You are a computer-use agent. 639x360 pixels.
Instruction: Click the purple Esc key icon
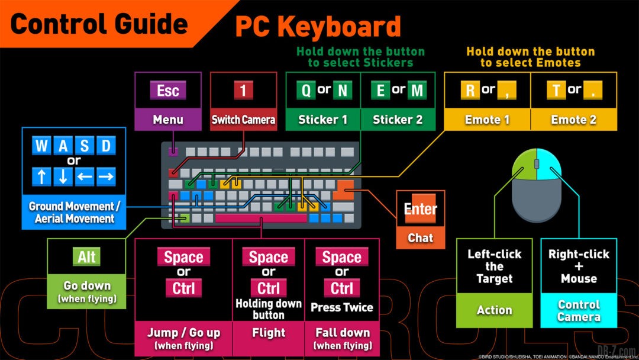pyautogui.click(x=168, y=91)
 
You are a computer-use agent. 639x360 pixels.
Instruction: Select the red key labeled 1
pyautogui.click(x=243, y=91)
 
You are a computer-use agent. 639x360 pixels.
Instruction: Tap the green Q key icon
pyautogui.click(x=305, y=91)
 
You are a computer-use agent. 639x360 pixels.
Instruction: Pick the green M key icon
pyautogui.click(x=417, y=91)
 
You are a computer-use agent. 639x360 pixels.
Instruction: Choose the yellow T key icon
pyautogui.click(x=556, y=91)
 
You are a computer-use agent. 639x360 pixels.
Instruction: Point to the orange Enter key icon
pyautogui.click(x=420, y=209)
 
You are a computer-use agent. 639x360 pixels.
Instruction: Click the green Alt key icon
pyautogui.click(x=87, y=257)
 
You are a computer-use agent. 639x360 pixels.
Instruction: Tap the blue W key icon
pyautogui.click(x=41, y=146)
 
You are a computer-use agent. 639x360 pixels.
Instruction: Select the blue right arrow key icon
pyautogui.click(x=105, y=176)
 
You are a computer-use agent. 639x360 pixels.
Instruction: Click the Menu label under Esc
pyautogui.click(x=168, y=120)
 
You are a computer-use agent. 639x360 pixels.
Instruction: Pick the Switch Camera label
pyautogui.click(x=243, y=120)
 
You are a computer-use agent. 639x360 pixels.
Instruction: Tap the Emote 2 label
pyautogui.click(x=573, y=120)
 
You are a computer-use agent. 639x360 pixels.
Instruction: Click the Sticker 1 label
pyautogui.click(x=322, y=120)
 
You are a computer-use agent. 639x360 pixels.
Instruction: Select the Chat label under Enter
pyautogui.click(x=420, y=238)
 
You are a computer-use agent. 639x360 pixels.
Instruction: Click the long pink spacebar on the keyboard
pyautogui.click(x=261, y=218)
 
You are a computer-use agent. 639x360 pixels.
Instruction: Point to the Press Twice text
pyautogui.click(x=341, y=307)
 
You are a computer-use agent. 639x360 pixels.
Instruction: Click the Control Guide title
pyautogui.click(x=99, y=24)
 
